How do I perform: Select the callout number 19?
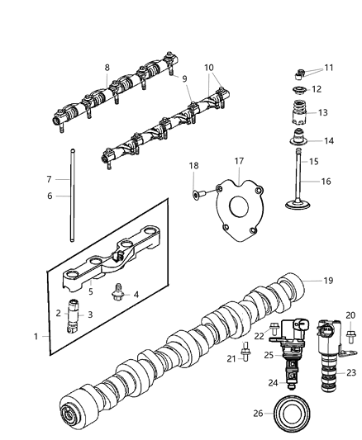pos(327,282)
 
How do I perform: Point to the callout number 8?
pos(107,68)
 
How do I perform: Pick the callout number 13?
pos(322,112)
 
